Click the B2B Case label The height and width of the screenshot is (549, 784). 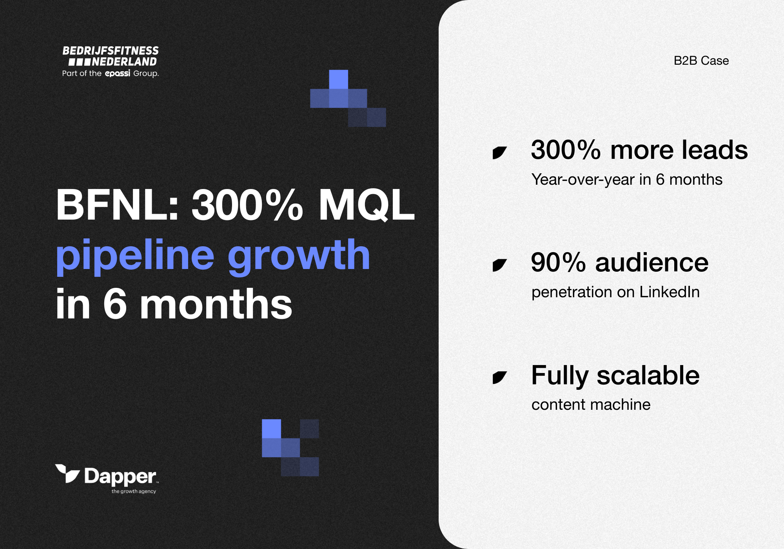[701, 61]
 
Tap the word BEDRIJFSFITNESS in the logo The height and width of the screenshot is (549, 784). [111, 51]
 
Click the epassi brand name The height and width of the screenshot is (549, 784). [117, 73]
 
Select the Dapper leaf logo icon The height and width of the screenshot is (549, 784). [67, 474]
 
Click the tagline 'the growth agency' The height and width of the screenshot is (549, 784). [134, 491]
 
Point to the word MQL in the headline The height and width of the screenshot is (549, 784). [366, 205]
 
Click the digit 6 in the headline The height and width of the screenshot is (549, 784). [115, 304]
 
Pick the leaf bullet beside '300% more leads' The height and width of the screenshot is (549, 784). [499, 153]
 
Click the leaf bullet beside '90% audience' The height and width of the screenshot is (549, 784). [499, 265]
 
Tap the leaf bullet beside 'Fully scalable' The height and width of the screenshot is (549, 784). [499, 378]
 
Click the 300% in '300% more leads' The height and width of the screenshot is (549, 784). [566, 150]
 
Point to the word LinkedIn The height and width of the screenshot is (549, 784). [669, 292]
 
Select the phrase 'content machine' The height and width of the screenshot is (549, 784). [591, 405]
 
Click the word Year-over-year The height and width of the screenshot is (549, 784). [583, 180]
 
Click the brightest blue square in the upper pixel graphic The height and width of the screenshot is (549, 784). [338, 79]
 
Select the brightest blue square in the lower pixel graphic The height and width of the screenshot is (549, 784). [271, 429]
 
